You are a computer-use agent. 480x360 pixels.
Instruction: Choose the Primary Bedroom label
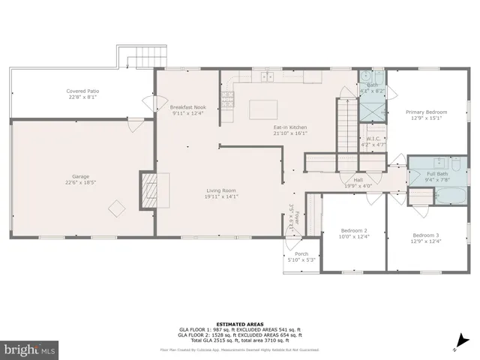pos(427,112)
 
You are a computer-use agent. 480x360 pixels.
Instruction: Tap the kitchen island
pos(262,109)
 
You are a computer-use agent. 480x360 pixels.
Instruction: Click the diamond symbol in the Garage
pos(116,207)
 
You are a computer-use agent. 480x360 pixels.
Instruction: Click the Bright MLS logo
pos(30,349)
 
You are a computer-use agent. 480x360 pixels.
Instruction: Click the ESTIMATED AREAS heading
pos(240,323)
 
